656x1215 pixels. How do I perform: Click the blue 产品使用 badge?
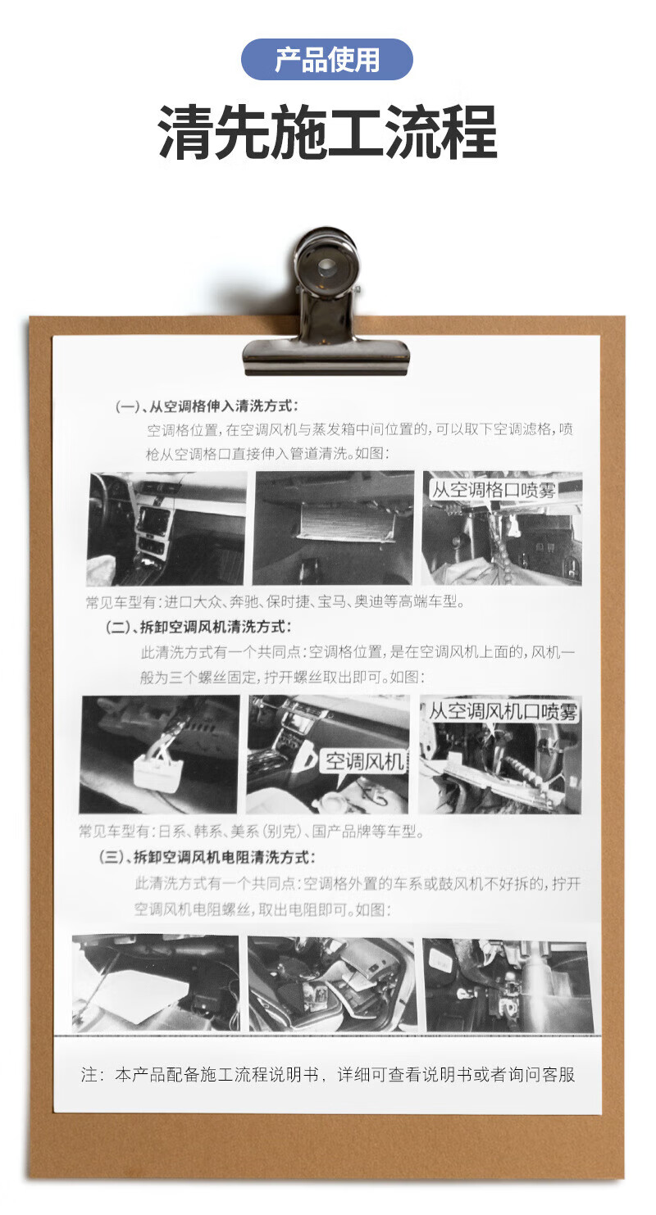pos(327,60)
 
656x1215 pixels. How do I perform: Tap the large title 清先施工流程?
pos(327,133)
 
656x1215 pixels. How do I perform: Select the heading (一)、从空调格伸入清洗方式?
pos(207,406)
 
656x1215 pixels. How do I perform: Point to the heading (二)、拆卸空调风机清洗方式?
pos(198,627)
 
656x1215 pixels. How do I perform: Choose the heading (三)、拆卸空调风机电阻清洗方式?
pos(207,857)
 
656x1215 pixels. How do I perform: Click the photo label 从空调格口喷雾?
pos(493,490)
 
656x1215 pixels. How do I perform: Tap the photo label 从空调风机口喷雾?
pos(503,711)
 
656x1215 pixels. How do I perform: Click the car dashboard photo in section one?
pos(166,528)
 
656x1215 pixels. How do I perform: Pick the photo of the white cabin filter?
pos(334,528)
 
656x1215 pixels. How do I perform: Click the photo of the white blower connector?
pos(160,755)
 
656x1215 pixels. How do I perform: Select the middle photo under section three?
pos(332,984)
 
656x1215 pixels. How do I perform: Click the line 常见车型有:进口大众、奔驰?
pos(275,601)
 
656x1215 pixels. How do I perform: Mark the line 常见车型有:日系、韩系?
pos(251,831)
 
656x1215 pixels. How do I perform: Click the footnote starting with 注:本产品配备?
pos(328,1075)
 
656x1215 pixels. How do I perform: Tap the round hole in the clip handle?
pos(326,265)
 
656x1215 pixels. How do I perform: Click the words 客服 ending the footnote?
pos(558,1075)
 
